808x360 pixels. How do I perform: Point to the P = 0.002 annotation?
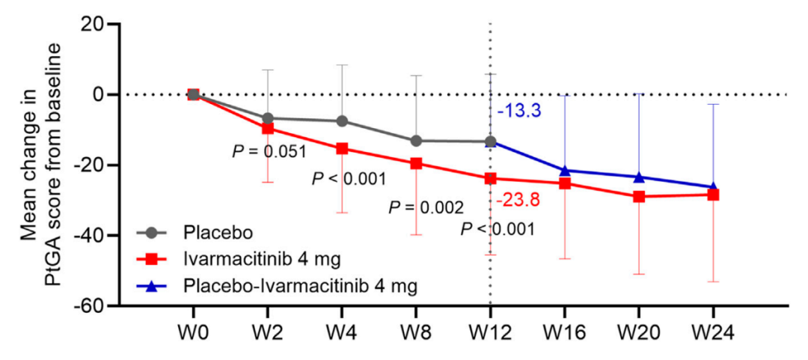pyautogui.click(x=426, y=207)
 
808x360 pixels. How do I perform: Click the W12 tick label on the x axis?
pyautogui.click(x=490, y=332)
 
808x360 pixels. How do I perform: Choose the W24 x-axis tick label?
pyautogui.click(x=713, y=332)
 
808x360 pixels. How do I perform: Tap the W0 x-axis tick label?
pyautogui.click(x=193, y=332)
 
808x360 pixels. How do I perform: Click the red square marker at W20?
pyautogui.click(x=639, y=197)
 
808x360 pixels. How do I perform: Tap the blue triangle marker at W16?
pyautogui.click(x=565, y=171)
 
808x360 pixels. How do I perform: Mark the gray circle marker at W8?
pyautogui.click(x=416, y=141)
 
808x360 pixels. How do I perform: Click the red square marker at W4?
pyautogui.click(x=342, y=148)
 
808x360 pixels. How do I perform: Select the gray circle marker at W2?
pyautogui.click(x=268, y=118)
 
